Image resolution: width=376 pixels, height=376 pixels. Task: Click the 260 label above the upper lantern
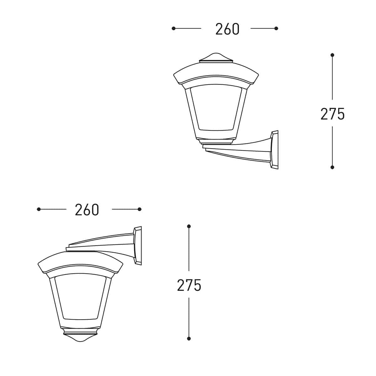coord(227,29)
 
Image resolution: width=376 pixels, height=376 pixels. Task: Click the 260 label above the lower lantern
coord(87,210)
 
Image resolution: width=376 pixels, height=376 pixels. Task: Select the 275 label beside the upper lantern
coord(332,114)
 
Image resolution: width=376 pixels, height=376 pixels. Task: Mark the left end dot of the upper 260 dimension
coord(174,29)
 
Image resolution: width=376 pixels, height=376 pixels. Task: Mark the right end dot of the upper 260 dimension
coord(276,29)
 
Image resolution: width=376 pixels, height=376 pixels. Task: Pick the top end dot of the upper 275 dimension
coord(332,55)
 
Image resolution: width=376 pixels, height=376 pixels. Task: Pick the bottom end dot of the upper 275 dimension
coord(332,167)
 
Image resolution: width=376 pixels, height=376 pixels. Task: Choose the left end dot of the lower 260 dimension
coord(39,209)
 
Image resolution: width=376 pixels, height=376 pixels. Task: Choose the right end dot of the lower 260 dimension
coord(140,209)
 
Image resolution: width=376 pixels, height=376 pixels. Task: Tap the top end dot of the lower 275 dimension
coord(189,226)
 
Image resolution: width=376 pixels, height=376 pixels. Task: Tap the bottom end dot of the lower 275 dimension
coord(189,338)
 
